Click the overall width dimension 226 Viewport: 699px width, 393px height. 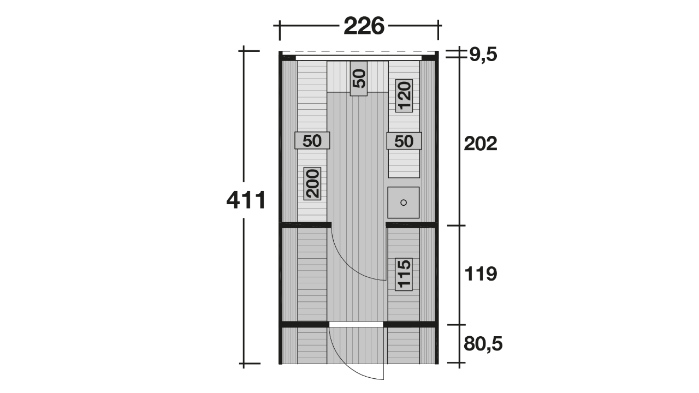(x=364, y=26)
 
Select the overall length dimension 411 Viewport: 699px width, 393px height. (x=246, y=200)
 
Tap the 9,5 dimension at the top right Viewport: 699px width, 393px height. (x=483, y=55)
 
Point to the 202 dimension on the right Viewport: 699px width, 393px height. (x=480, y=144)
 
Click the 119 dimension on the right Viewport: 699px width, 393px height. (x=481, y=274)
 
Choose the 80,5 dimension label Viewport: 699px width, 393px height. (x=483, y=344)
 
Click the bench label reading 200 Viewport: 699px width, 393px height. (x=312, y=183)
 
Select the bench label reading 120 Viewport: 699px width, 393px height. (x=404, y=96)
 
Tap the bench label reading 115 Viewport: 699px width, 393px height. (x=404, y=274)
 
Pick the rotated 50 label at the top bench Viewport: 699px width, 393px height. (x=359, y=79)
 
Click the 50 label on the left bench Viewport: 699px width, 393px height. (x=312, y=141)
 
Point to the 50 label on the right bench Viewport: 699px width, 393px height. (x=404, y=141)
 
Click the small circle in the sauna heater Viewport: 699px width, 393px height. (x=404, y=203)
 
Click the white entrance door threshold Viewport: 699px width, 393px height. (x=356, y=325)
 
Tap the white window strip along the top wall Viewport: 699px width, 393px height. (x=359, y=58)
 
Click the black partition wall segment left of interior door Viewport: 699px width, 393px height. (x=305, y=225)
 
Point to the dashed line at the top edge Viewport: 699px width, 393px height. (x=359, y=52)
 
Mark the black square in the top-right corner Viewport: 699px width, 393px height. (x=429, y=58)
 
